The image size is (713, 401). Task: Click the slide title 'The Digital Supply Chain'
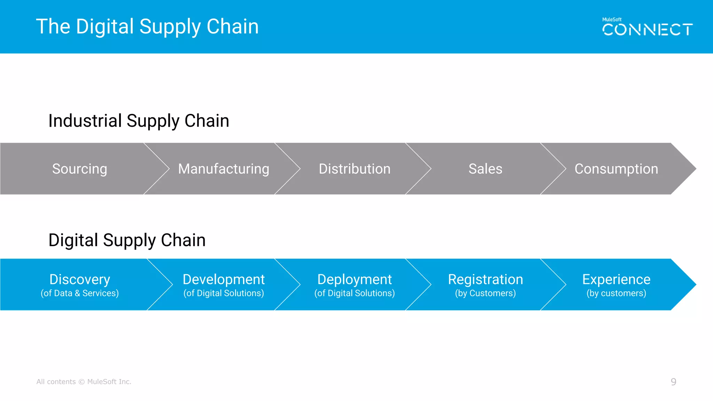(147, 27)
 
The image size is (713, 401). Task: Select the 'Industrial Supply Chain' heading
(139, 121)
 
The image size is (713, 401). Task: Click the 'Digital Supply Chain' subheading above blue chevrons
(127, 240)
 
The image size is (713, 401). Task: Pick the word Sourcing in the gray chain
(80, 169)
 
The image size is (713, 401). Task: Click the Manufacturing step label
(224, 169)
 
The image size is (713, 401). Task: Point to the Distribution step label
(354, 169)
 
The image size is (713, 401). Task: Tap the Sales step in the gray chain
(485, 169)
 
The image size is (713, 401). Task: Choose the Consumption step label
(616, 169)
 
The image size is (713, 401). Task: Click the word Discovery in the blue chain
(80, 279)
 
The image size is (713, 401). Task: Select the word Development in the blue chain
(224, 279)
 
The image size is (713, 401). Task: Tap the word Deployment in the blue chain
(354, 279)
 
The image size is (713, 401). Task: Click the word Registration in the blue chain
(485, 279)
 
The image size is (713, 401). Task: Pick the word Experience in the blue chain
(616, 279)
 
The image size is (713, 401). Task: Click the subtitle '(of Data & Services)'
(80, 293)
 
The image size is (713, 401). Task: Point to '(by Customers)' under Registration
(485, 293)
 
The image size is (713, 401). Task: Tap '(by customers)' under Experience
(616, 293)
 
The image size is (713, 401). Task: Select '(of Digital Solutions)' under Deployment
(354, 293)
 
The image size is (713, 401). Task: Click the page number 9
(673, 382)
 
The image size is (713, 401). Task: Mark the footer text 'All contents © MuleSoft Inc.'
(84, 382)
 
